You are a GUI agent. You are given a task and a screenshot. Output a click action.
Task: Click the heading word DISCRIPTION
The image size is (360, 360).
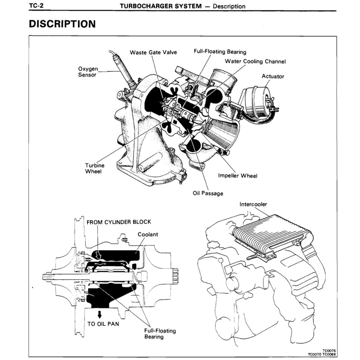tap(62, 24)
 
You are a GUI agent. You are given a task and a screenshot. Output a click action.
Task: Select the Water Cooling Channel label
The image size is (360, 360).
tap(255, 61)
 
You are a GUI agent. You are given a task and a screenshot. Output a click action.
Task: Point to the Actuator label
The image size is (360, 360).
tap(273, 76)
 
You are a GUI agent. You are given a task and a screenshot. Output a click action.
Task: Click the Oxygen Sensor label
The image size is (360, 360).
tap(87, 72)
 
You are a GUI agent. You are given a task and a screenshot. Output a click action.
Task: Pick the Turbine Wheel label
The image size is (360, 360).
tap(95, 168)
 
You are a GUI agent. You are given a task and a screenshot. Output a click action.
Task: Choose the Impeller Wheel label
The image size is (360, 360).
tap(238, 176)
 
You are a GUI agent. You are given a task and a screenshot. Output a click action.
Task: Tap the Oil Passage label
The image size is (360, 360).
tap(208, 193)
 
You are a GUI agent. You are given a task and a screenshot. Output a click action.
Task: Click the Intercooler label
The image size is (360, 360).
tap(253, 204)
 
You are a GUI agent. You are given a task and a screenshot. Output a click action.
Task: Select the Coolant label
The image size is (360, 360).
tap(148, 234)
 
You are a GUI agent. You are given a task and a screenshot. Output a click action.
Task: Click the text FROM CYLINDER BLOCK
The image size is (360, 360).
tap(119, 222)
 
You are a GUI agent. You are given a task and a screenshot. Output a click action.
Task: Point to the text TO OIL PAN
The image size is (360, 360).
tap(103, 324)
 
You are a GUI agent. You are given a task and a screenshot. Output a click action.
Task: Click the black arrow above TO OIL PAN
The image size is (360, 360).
tap(99, 314)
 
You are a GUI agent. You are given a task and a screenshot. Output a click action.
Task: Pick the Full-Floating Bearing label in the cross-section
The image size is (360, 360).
tap(160, 334)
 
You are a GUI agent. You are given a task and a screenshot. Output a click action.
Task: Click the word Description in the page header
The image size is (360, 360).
tap(229, 6)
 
